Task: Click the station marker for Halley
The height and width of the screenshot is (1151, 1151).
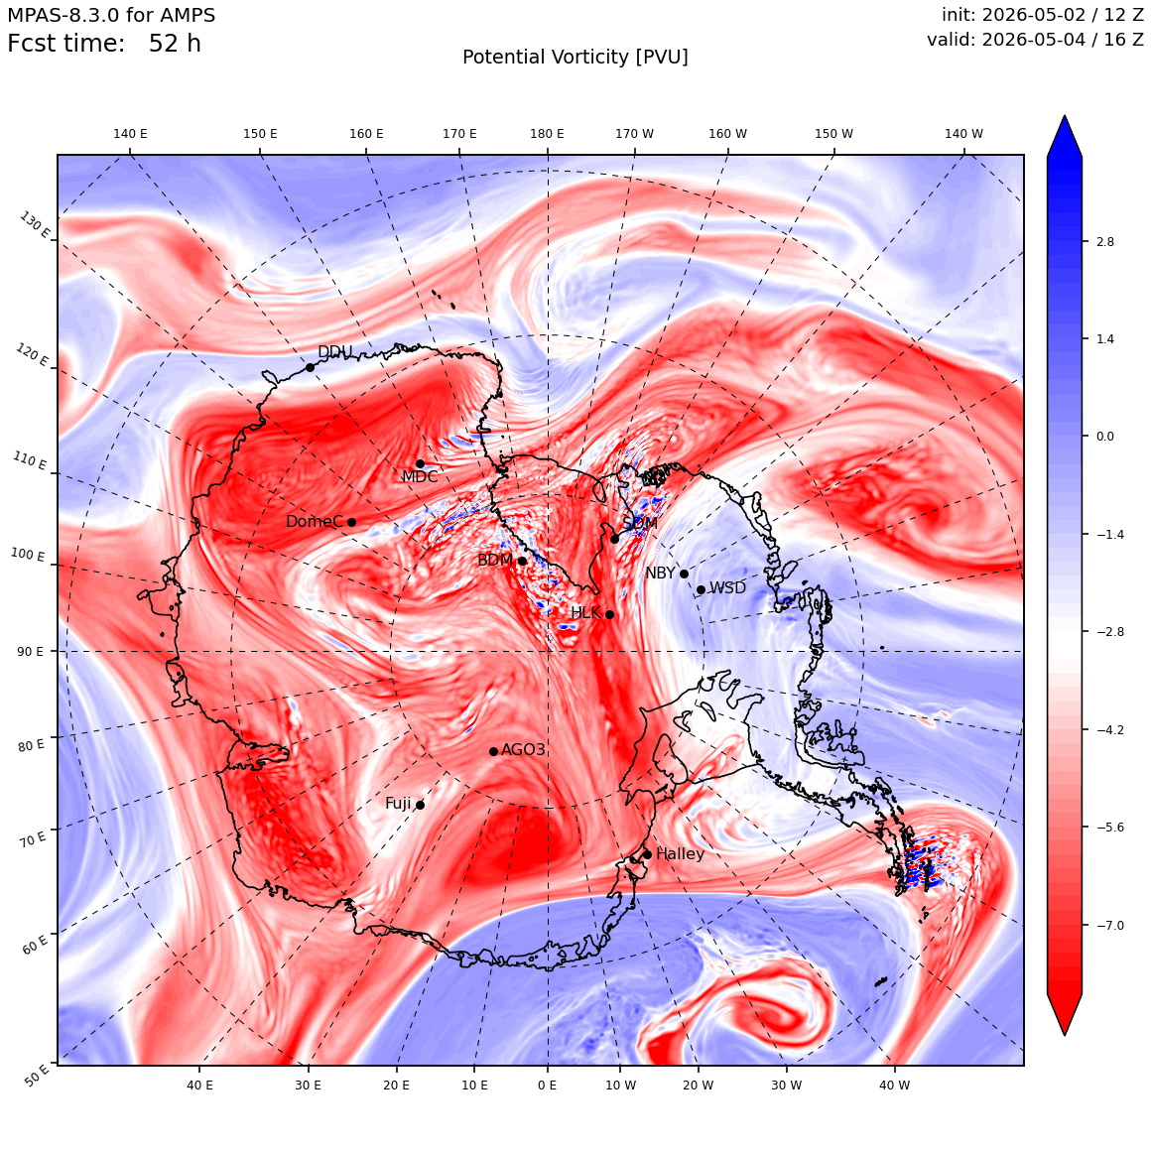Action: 647,854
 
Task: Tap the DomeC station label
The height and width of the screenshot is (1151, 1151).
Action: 315,521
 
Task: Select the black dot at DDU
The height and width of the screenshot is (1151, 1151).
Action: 310,368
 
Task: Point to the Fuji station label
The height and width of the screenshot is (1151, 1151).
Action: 398,804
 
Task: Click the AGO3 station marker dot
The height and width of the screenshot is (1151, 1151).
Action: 494,751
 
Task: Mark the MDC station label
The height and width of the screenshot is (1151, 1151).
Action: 420,476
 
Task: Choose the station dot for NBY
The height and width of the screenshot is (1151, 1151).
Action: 684,575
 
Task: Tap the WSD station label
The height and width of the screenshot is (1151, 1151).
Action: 727,588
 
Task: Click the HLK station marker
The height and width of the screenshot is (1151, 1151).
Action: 609,614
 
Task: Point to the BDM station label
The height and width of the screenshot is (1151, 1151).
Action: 495,560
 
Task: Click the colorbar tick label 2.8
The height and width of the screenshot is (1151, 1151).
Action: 1104,242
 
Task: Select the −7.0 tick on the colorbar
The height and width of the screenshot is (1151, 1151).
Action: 1109,925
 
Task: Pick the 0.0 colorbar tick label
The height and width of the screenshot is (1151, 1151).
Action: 1104,436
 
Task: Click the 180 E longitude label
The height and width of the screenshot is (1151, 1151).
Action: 547,134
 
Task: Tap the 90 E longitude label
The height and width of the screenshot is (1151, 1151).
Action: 30,651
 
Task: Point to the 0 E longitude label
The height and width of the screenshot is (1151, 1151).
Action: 547,1085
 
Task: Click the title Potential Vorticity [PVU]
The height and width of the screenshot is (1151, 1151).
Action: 575,58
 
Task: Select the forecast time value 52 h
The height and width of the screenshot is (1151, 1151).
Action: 175,44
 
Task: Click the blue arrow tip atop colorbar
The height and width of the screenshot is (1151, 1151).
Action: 1065,116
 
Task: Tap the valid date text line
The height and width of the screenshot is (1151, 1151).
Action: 1035,40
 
